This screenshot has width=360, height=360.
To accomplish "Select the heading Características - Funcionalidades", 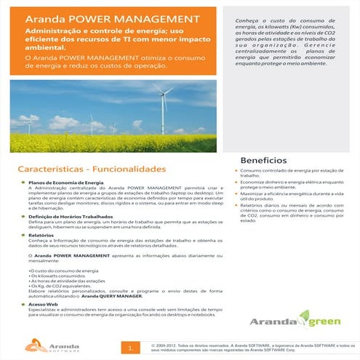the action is (x=92, y=169).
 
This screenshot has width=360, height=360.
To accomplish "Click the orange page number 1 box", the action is (x=129, y=347).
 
